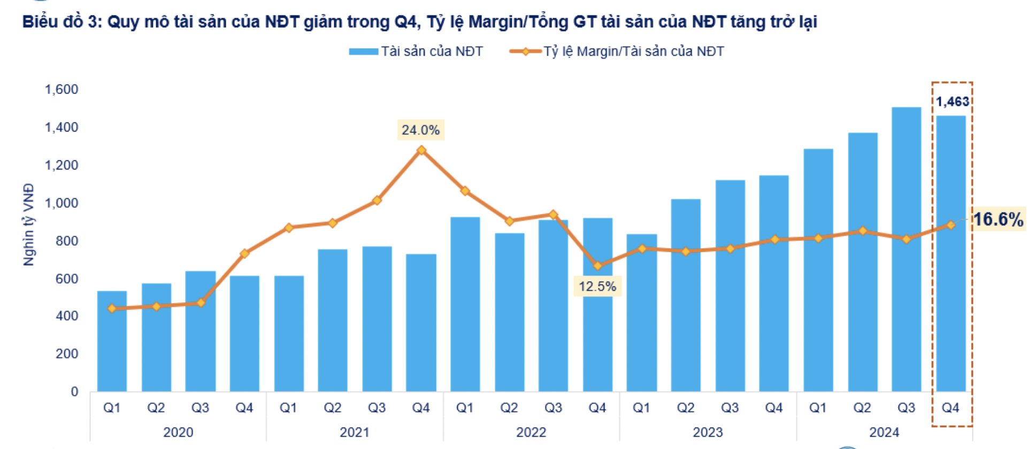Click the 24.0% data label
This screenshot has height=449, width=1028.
[x=420, y=130]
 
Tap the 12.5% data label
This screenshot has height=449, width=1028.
[x=597, y=287]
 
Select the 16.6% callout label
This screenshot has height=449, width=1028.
[x=998, y=220]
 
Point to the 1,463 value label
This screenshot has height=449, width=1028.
[x=952, y=102]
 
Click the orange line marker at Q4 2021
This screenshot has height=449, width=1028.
[x=421, y=150]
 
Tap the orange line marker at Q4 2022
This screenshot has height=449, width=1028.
[x=597, y=266]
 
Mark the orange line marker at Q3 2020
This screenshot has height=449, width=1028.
[x=201, y=303]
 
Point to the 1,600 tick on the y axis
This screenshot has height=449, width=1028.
[x=62, y=89]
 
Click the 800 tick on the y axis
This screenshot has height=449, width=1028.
[x=67, y=241]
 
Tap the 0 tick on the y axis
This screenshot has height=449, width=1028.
[x=74, y=392]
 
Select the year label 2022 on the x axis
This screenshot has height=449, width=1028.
[x=531, y=432]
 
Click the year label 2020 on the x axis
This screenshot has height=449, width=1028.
[x=178, y=432]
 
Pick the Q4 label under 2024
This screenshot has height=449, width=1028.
[x=950, y=408]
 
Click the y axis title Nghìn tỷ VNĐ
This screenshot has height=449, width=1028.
[x=29, y=224]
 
